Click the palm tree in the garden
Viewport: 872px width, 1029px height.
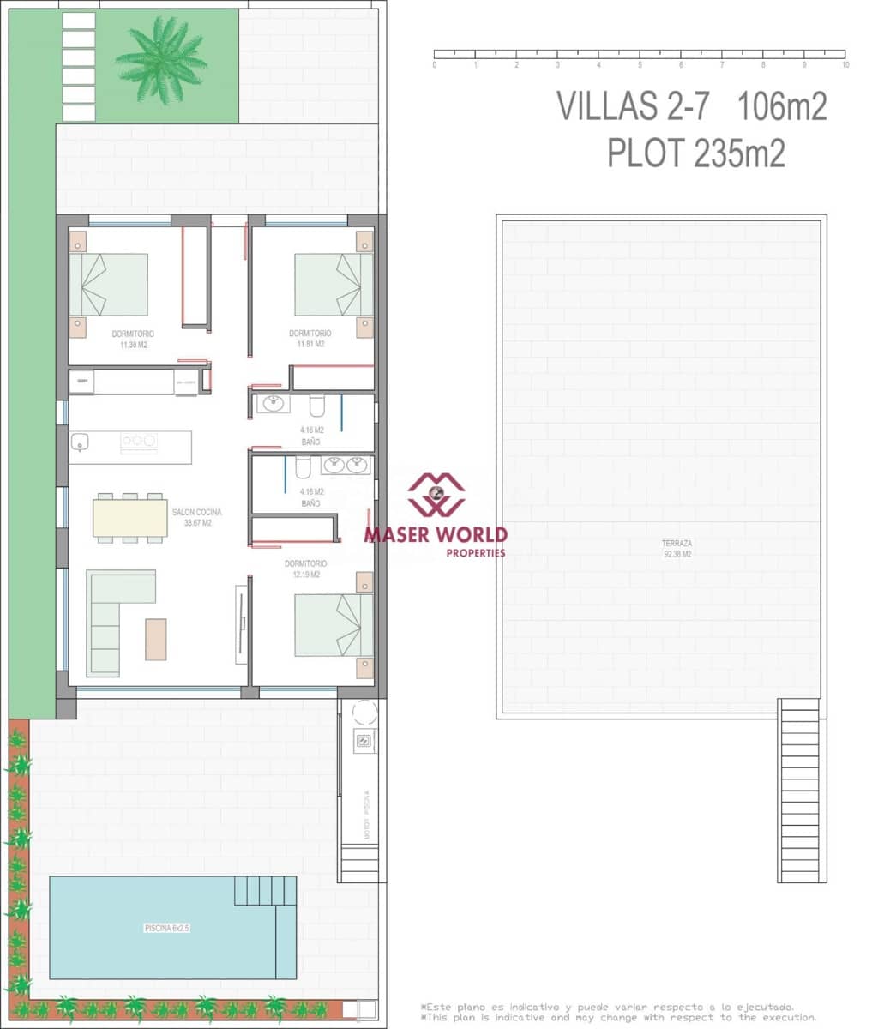161,59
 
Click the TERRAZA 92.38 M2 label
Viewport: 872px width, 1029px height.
677,549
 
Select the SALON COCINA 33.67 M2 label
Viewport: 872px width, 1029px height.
196,517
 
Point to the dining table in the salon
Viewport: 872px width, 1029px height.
130,518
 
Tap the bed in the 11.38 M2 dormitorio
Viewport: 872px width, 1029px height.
108,284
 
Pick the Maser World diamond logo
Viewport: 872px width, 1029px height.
436,494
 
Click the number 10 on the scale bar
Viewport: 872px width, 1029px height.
845,65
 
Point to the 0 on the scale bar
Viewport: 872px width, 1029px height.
435,65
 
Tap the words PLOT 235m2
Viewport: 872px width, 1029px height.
695,154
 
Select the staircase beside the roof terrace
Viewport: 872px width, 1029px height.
802,791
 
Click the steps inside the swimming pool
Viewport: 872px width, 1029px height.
265,890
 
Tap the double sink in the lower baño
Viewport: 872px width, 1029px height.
346,465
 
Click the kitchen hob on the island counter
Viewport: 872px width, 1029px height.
139,441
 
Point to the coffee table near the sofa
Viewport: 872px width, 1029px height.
156,639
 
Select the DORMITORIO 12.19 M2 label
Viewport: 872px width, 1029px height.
305,569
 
